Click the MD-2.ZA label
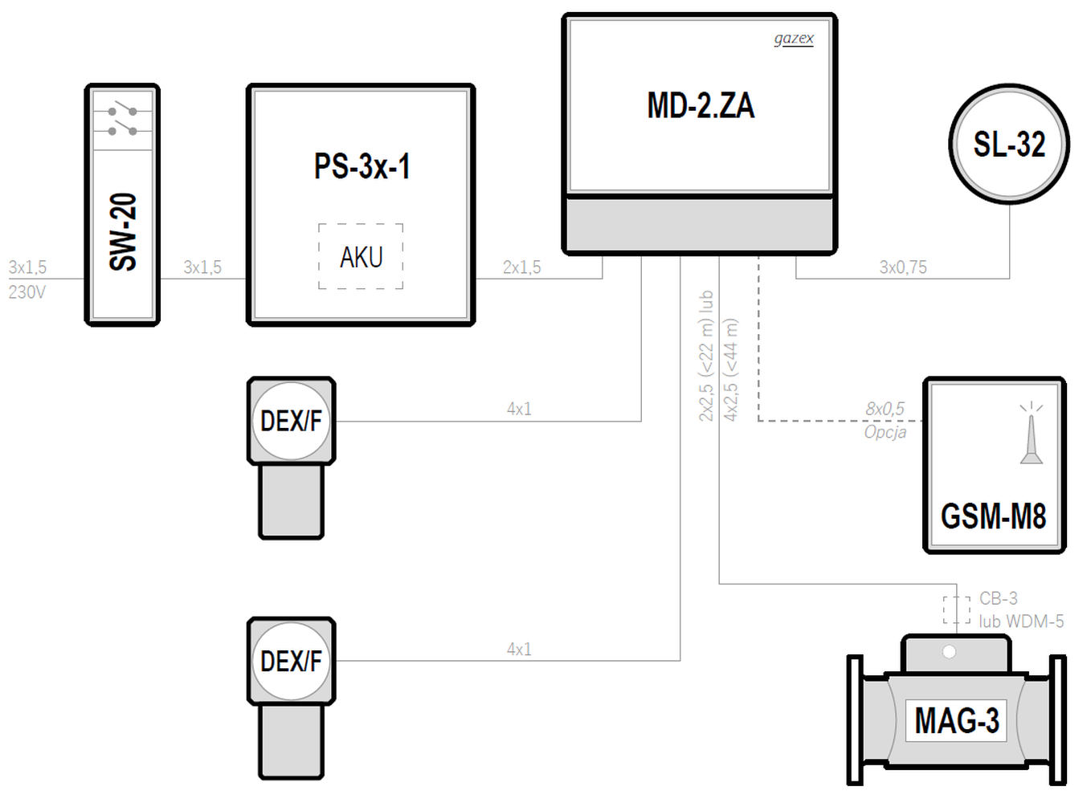tap(701, 105)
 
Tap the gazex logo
tap(794, 39)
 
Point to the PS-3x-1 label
tap(362, 166)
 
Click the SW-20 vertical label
tap(123, 232)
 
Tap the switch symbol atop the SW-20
tap(123, 121)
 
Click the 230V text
tap(27, 292)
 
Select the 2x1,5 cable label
tap(521, 267)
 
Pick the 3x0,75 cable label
tap(903, 267)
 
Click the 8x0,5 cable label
tap(885, 409)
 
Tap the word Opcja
tap(885, 432)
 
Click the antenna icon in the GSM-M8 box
tap(1031, 433)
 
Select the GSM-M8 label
tap(993, 516)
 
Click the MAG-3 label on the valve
tap(957, 720)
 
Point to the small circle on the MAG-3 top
tap(949, 652)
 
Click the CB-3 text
tap(999, 598)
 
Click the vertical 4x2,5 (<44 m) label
tap(730, 370)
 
